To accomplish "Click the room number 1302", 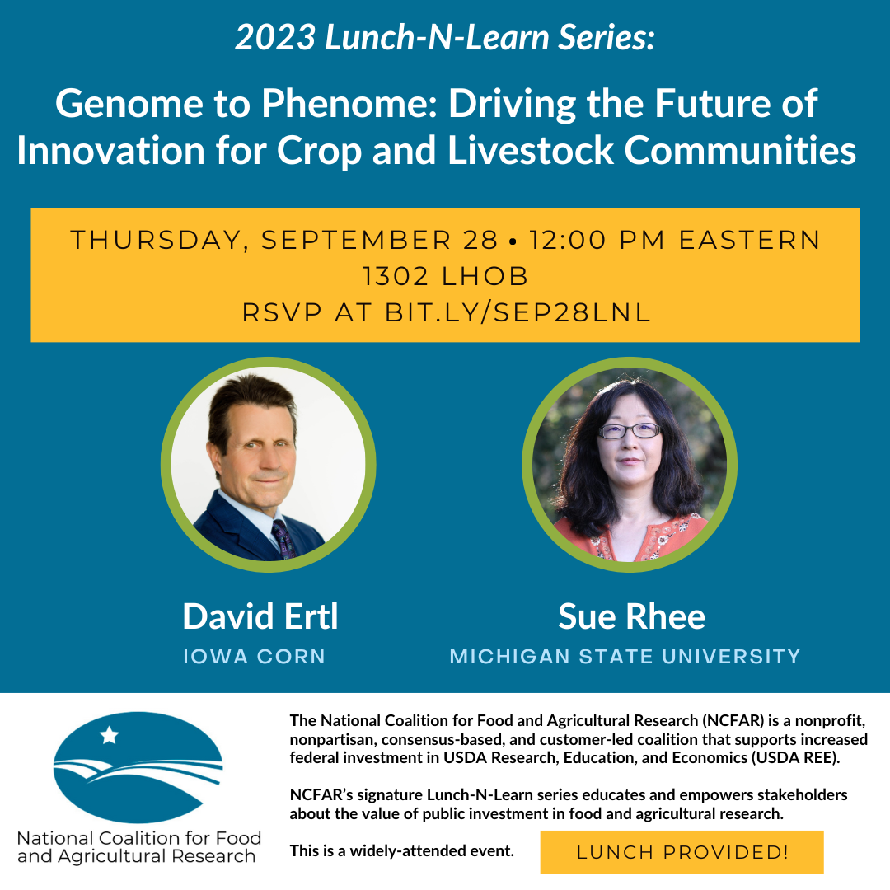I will tap(396, 275).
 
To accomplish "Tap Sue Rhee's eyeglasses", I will tap(630, 430).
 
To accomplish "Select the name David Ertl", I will tap(260, 616).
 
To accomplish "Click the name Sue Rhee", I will tap(631, 616).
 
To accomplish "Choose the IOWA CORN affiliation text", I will tap(254, 657).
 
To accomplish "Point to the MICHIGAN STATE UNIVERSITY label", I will tap(625, 657).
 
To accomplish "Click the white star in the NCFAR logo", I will tap(109, 735).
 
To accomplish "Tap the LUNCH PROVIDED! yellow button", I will tap(682, 852).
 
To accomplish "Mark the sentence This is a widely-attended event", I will tap(402, 850).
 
